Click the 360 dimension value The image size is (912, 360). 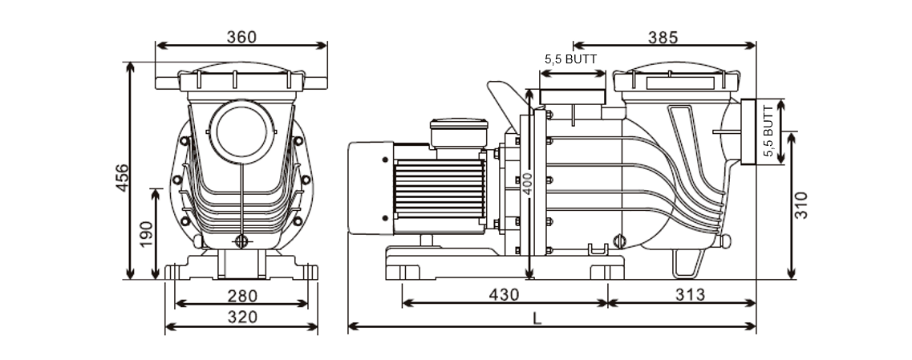pyautogui.click(x=241, y=37)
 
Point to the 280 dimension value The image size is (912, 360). pyautogui.click(x=241, y=295)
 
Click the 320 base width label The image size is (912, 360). pyautogui.click(x=241, y=318)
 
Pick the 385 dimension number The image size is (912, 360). pyautogui.click(x=663, y=37)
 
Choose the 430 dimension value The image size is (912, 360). pyautogui.click(x=504, y=294)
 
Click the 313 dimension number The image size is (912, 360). pyautogui.click(x=690, y=294)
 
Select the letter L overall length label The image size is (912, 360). pyautogui.click(x=537, y=318)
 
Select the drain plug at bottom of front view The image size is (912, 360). pyautogui.click(x=242, y=241)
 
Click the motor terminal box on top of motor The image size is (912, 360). pyautogui.click(x=459, y=132)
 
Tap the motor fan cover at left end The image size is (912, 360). pyautogui.click(x=369, y=187)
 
